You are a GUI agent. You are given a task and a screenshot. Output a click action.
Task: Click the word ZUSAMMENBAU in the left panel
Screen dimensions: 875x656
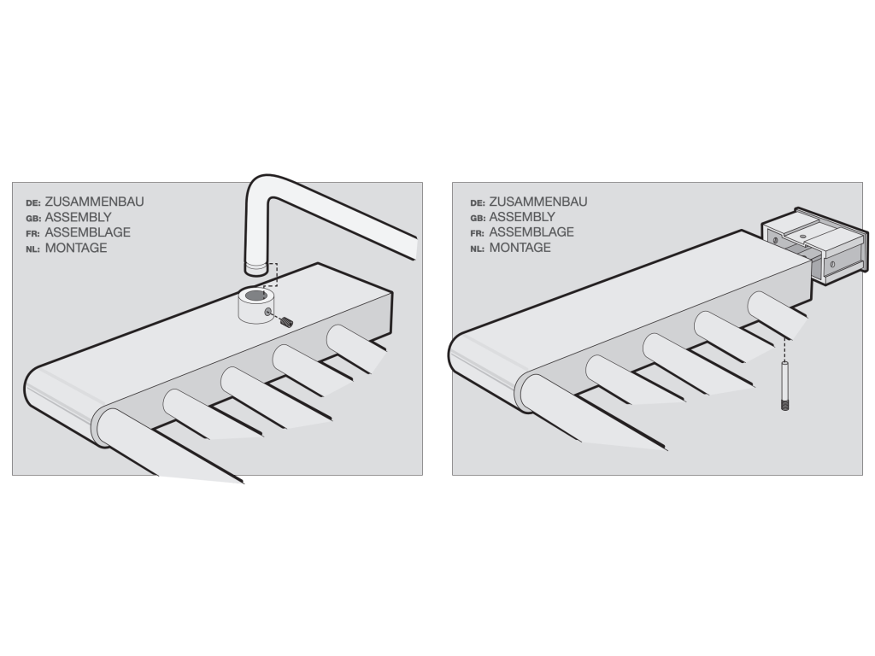[x=94, y=202]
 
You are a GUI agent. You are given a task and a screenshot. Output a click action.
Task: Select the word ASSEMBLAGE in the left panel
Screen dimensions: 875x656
[x=88, y=232]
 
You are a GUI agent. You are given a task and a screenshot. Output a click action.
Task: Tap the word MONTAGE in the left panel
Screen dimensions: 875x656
[x=76, y=249]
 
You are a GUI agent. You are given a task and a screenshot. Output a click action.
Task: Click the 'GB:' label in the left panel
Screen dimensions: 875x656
[x=33, y=219]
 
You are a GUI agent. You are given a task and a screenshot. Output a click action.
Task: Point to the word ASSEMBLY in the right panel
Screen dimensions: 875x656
[x=522, y=217]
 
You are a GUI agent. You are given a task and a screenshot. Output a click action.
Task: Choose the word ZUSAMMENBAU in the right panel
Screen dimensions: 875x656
[x=538, y=202]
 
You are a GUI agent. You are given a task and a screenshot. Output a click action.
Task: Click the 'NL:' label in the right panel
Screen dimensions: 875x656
[x=477, y=249]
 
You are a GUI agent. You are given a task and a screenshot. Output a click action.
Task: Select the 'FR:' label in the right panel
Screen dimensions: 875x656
[x=477, y=234]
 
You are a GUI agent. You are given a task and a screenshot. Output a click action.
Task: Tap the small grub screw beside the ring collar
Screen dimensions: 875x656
[x=286, y=321]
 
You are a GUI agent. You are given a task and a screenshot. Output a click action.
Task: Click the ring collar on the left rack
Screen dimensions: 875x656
[x=255, y=306]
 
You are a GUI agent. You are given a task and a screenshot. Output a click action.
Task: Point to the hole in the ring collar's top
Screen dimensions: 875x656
[x=256, y=295]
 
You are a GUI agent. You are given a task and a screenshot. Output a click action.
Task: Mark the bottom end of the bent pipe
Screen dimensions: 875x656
[x=256, y=270]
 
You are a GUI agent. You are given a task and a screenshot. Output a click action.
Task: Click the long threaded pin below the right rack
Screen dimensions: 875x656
[x=785, y=386]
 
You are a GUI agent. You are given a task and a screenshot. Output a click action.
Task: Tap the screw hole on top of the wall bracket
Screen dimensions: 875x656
[x=802, y=237]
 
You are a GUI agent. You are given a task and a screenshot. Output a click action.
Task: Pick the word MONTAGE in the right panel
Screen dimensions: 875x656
[x=520, y=248]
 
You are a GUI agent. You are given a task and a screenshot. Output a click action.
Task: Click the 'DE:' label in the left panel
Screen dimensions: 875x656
[x=33, y=203]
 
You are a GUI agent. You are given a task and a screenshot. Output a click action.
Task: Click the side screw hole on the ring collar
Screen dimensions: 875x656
[x=268, y=311]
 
